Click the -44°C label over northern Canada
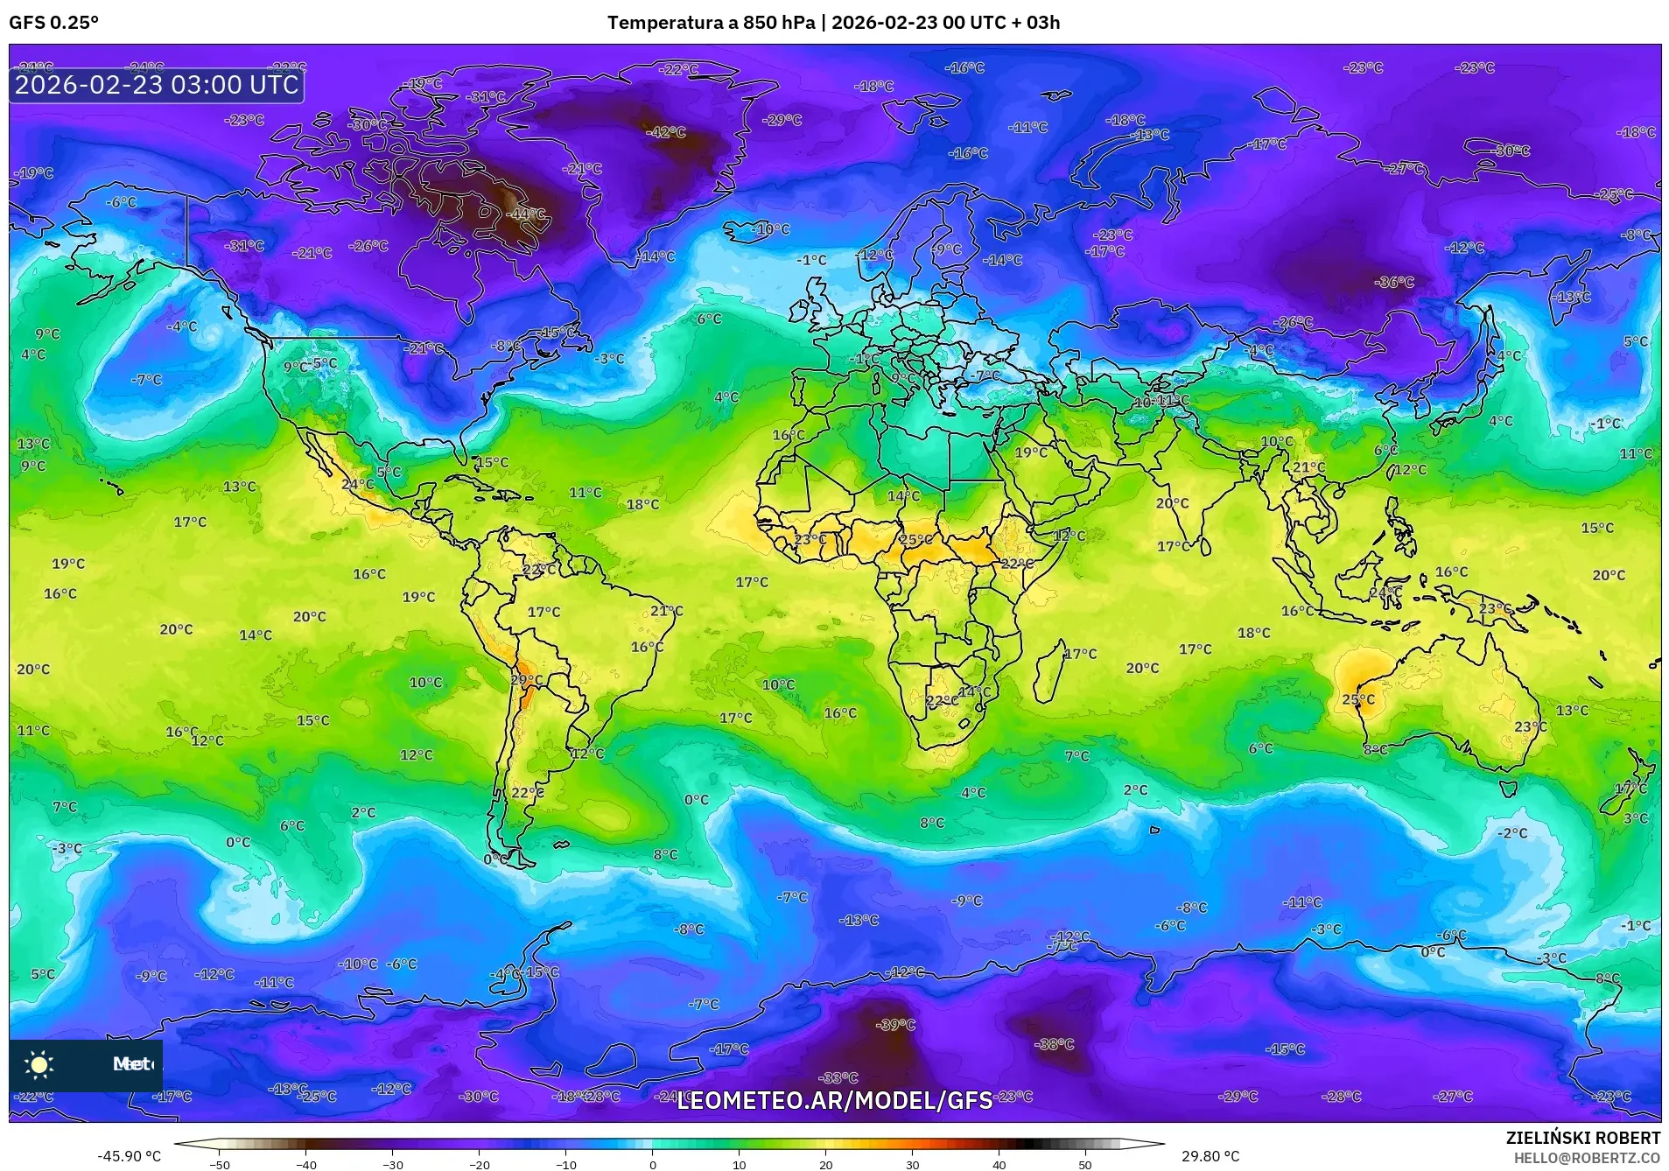click(528, 214)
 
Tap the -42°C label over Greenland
click(666, 132)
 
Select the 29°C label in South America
click(526, 680)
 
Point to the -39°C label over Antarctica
click(895, 1025)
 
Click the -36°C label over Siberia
click(1394, 282)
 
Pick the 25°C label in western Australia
click(1358, 699)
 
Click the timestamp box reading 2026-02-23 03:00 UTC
click(157, 85)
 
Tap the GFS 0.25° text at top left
click(53, 23)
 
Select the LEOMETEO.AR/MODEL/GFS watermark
click(834, 1100)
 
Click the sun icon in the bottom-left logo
click(39, 1065)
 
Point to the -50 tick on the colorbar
click(220, 1164)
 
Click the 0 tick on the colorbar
click(652, 1164)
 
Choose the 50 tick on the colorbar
click(1084, 1164)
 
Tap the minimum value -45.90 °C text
click(129, 1156)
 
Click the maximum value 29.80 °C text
click(1210, 1156)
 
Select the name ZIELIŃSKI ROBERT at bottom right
click(1582, 1138)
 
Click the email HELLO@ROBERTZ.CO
click(1587, 1158)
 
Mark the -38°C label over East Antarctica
click(1054, 1044)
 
